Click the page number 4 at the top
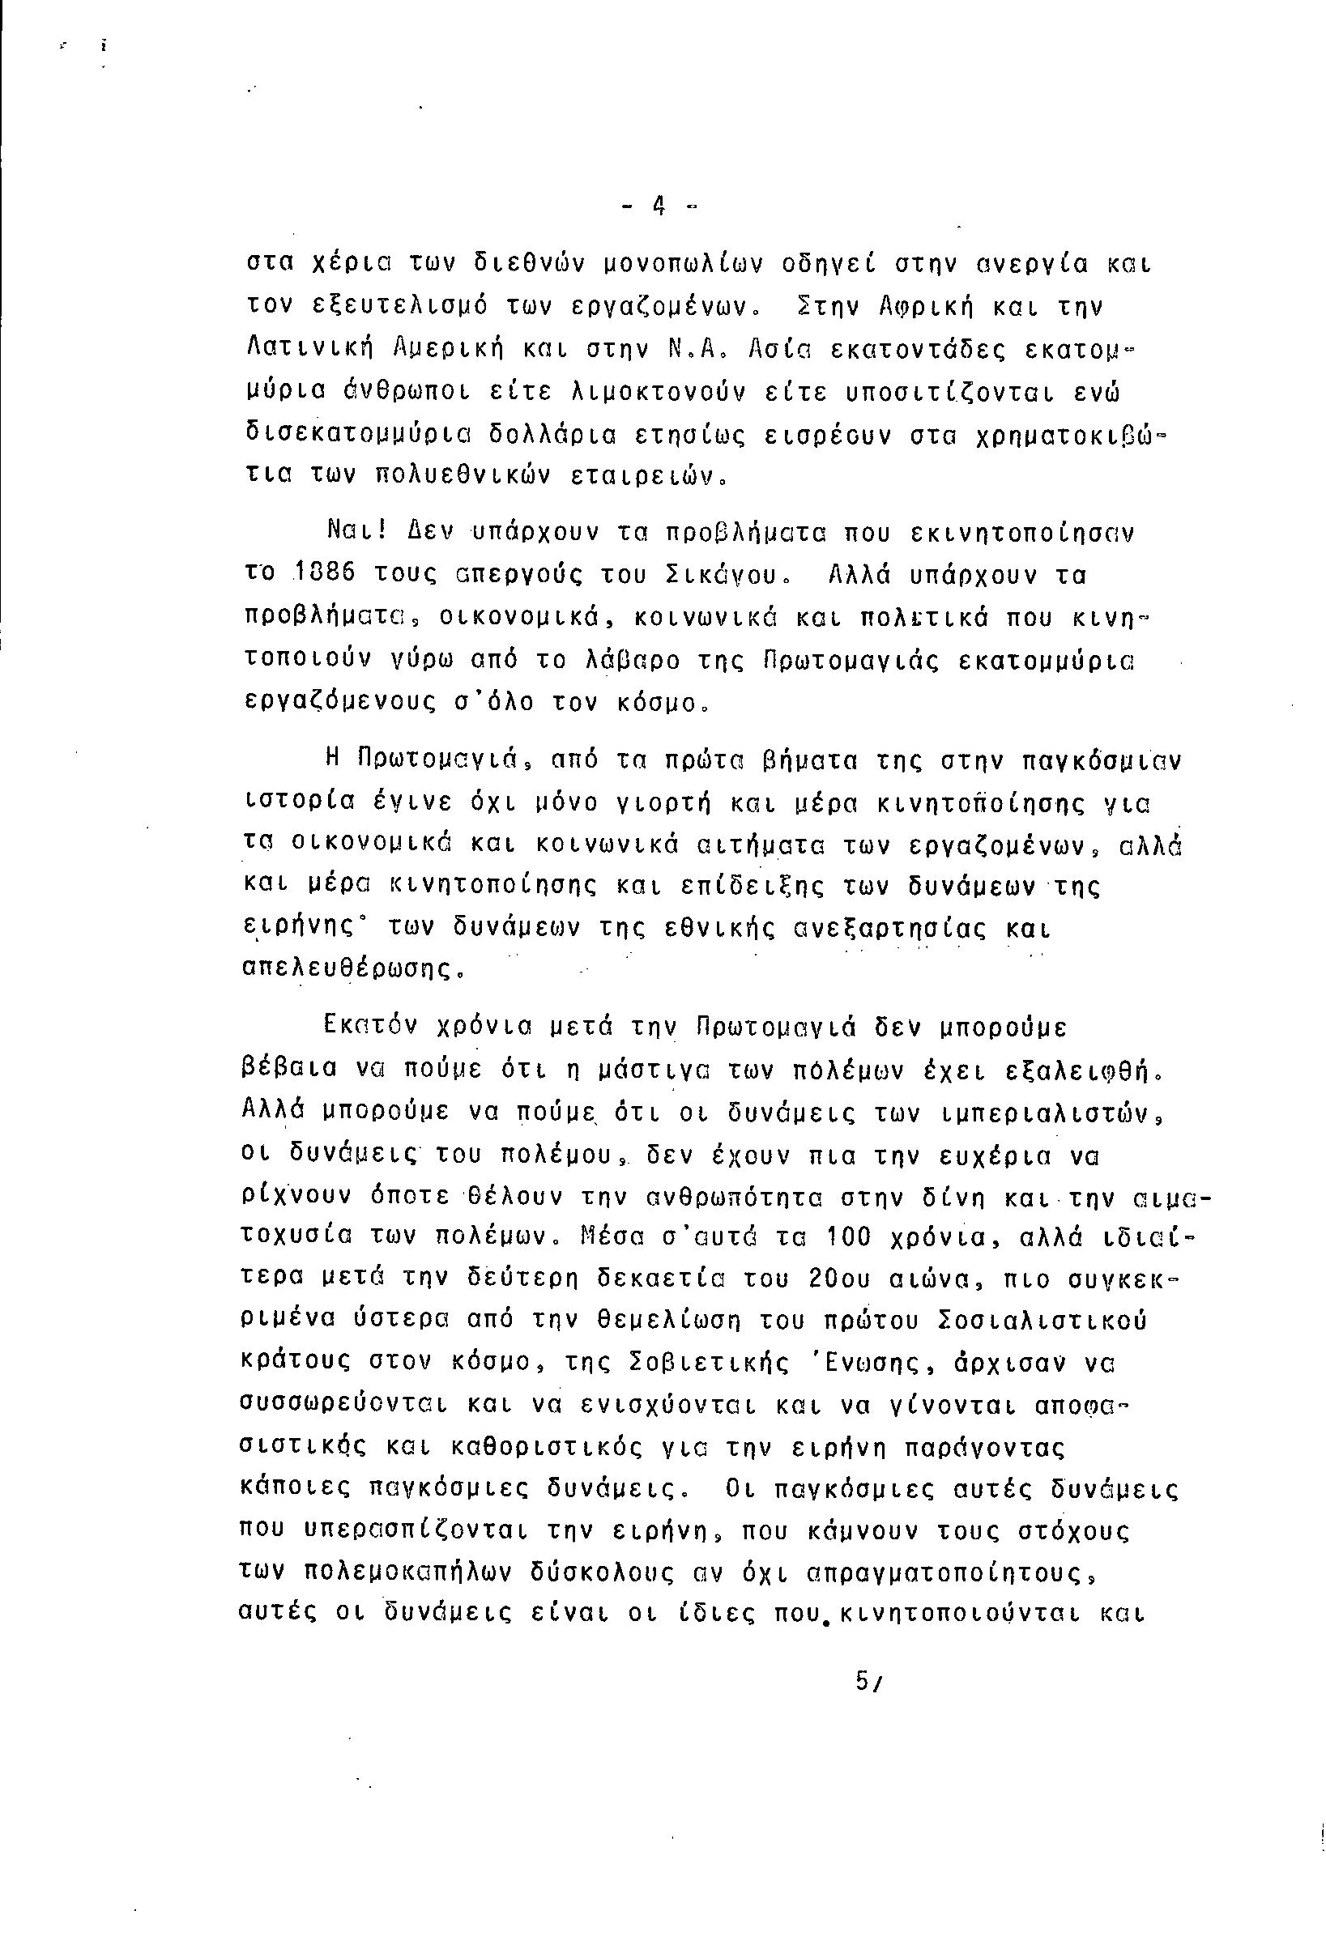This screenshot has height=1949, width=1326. (659, 205)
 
